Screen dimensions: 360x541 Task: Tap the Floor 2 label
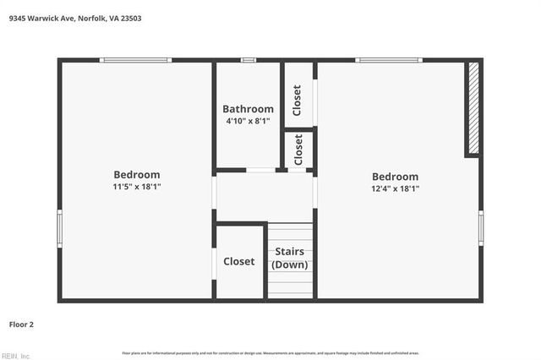21,324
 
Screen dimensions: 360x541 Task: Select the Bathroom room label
248,109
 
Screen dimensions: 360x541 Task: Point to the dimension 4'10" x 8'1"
248,122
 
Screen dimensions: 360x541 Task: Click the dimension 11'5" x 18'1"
136,187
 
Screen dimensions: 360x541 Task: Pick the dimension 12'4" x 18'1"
395,189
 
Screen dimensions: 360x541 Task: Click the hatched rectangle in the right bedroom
473,108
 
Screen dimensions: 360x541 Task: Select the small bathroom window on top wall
248,60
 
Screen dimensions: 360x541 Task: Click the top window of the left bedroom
135,60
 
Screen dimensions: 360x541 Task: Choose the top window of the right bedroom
388,60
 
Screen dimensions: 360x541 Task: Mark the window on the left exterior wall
59,228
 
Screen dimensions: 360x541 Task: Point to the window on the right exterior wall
481,228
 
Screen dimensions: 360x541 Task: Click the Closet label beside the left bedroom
239,262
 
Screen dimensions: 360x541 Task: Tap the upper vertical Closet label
298,101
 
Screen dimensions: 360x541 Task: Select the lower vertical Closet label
298,150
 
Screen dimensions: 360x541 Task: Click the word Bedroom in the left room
136,175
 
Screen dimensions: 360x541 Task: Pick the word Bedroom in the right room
395,177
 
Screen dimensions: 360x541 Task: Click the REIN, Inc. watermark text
15,355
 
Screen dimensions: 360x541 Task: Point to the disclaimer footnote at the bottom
270,352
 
